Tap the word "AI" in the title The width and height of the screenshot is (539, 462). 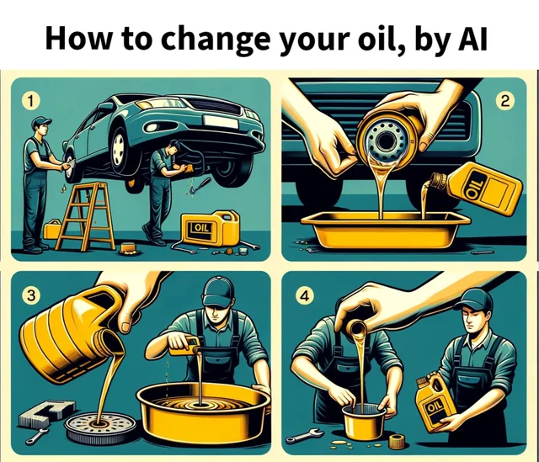tap(472, 38)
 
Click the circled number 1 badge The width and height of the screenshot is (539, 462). tap(30, 101)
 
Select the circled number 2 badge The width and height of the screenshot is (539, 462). tap(504, 102)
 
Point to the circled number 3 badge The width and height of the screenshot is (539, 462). tap(31, 295)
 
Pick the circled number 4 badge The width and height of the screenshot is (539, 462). tap(305, 295)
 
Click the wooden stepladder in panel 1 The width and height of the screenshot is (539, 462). tap(85, 216)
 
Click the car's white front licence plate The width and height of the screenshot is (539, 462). tap(221, 122)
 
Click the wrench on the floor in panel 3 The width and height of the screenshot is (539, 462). tap(37, 435)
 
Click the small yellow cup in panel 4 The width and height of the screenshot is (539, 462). tap(364, 422)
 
